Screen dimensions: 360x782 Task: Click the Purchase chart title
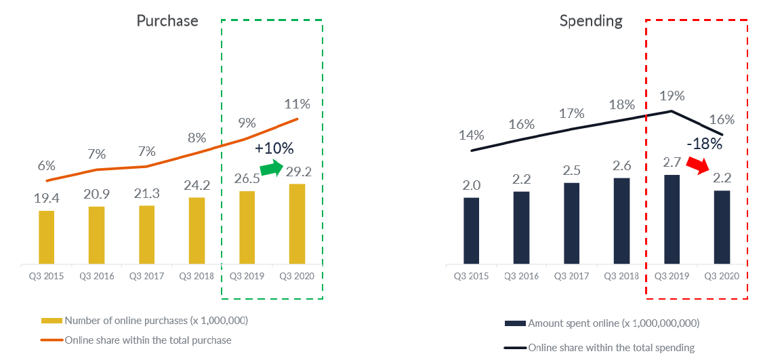167,21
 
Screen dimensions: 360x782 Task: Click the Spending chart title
591,21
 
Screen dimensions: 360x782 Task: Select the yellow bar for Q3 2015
47,237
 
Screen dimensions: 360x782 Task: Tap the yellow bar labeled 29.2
297,223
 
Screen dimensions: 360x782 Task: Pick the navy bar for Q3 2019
672,219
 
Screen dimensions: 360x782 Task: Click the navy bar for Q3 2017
571,223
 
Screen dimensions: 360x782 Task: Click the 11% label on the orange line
297,104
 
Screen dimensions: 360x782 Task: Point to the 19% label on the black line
672,96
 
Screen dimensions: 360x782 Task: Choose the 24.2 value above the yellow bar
197,184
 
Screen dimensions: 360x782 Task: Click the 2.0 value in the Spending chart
472,185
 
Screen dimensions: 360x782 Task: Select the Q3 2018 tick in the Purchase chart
197,276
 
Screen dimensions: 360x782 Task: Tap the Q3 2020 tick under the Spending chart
722,276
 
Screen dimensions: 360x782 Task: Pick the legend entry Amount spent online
613,323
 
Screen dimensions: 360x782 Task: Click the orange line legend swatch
52,340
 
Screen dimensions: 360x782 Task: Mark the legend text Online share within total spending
611,348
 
